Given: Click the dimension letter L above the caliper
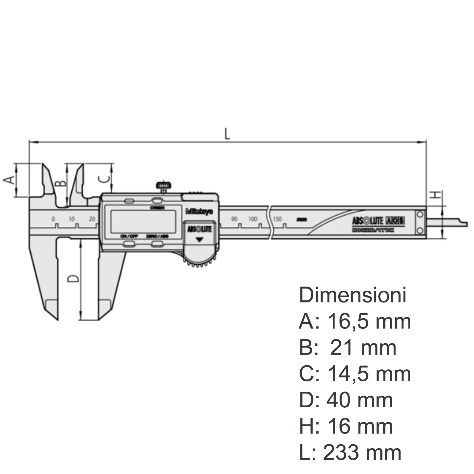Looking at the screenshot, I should click(x=227, y=134).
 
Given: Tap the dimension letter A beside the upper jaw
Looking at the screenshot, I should click(x=9, y=180).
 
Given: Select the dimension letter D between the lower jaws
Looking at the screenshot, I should click(x=73, y=278).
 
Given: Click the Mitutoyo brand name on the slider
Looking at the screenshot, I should click(x=199, y=212).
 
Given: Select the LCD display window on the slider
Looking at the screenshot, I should click(x=143, y=222).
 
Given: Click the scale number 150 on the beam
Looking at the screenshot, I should click(x=277, y=219).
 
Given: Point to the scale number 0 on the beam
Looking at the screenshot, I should click(x=53, y=219).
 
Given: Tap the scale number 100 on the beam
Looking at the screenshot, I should click(x=253, y=219).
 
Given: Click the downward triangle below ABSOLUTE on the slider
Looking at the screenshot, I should click(x=200, y=240).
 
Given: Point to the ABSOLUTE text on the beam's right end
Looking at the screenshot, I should click(x=367, y=221).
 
